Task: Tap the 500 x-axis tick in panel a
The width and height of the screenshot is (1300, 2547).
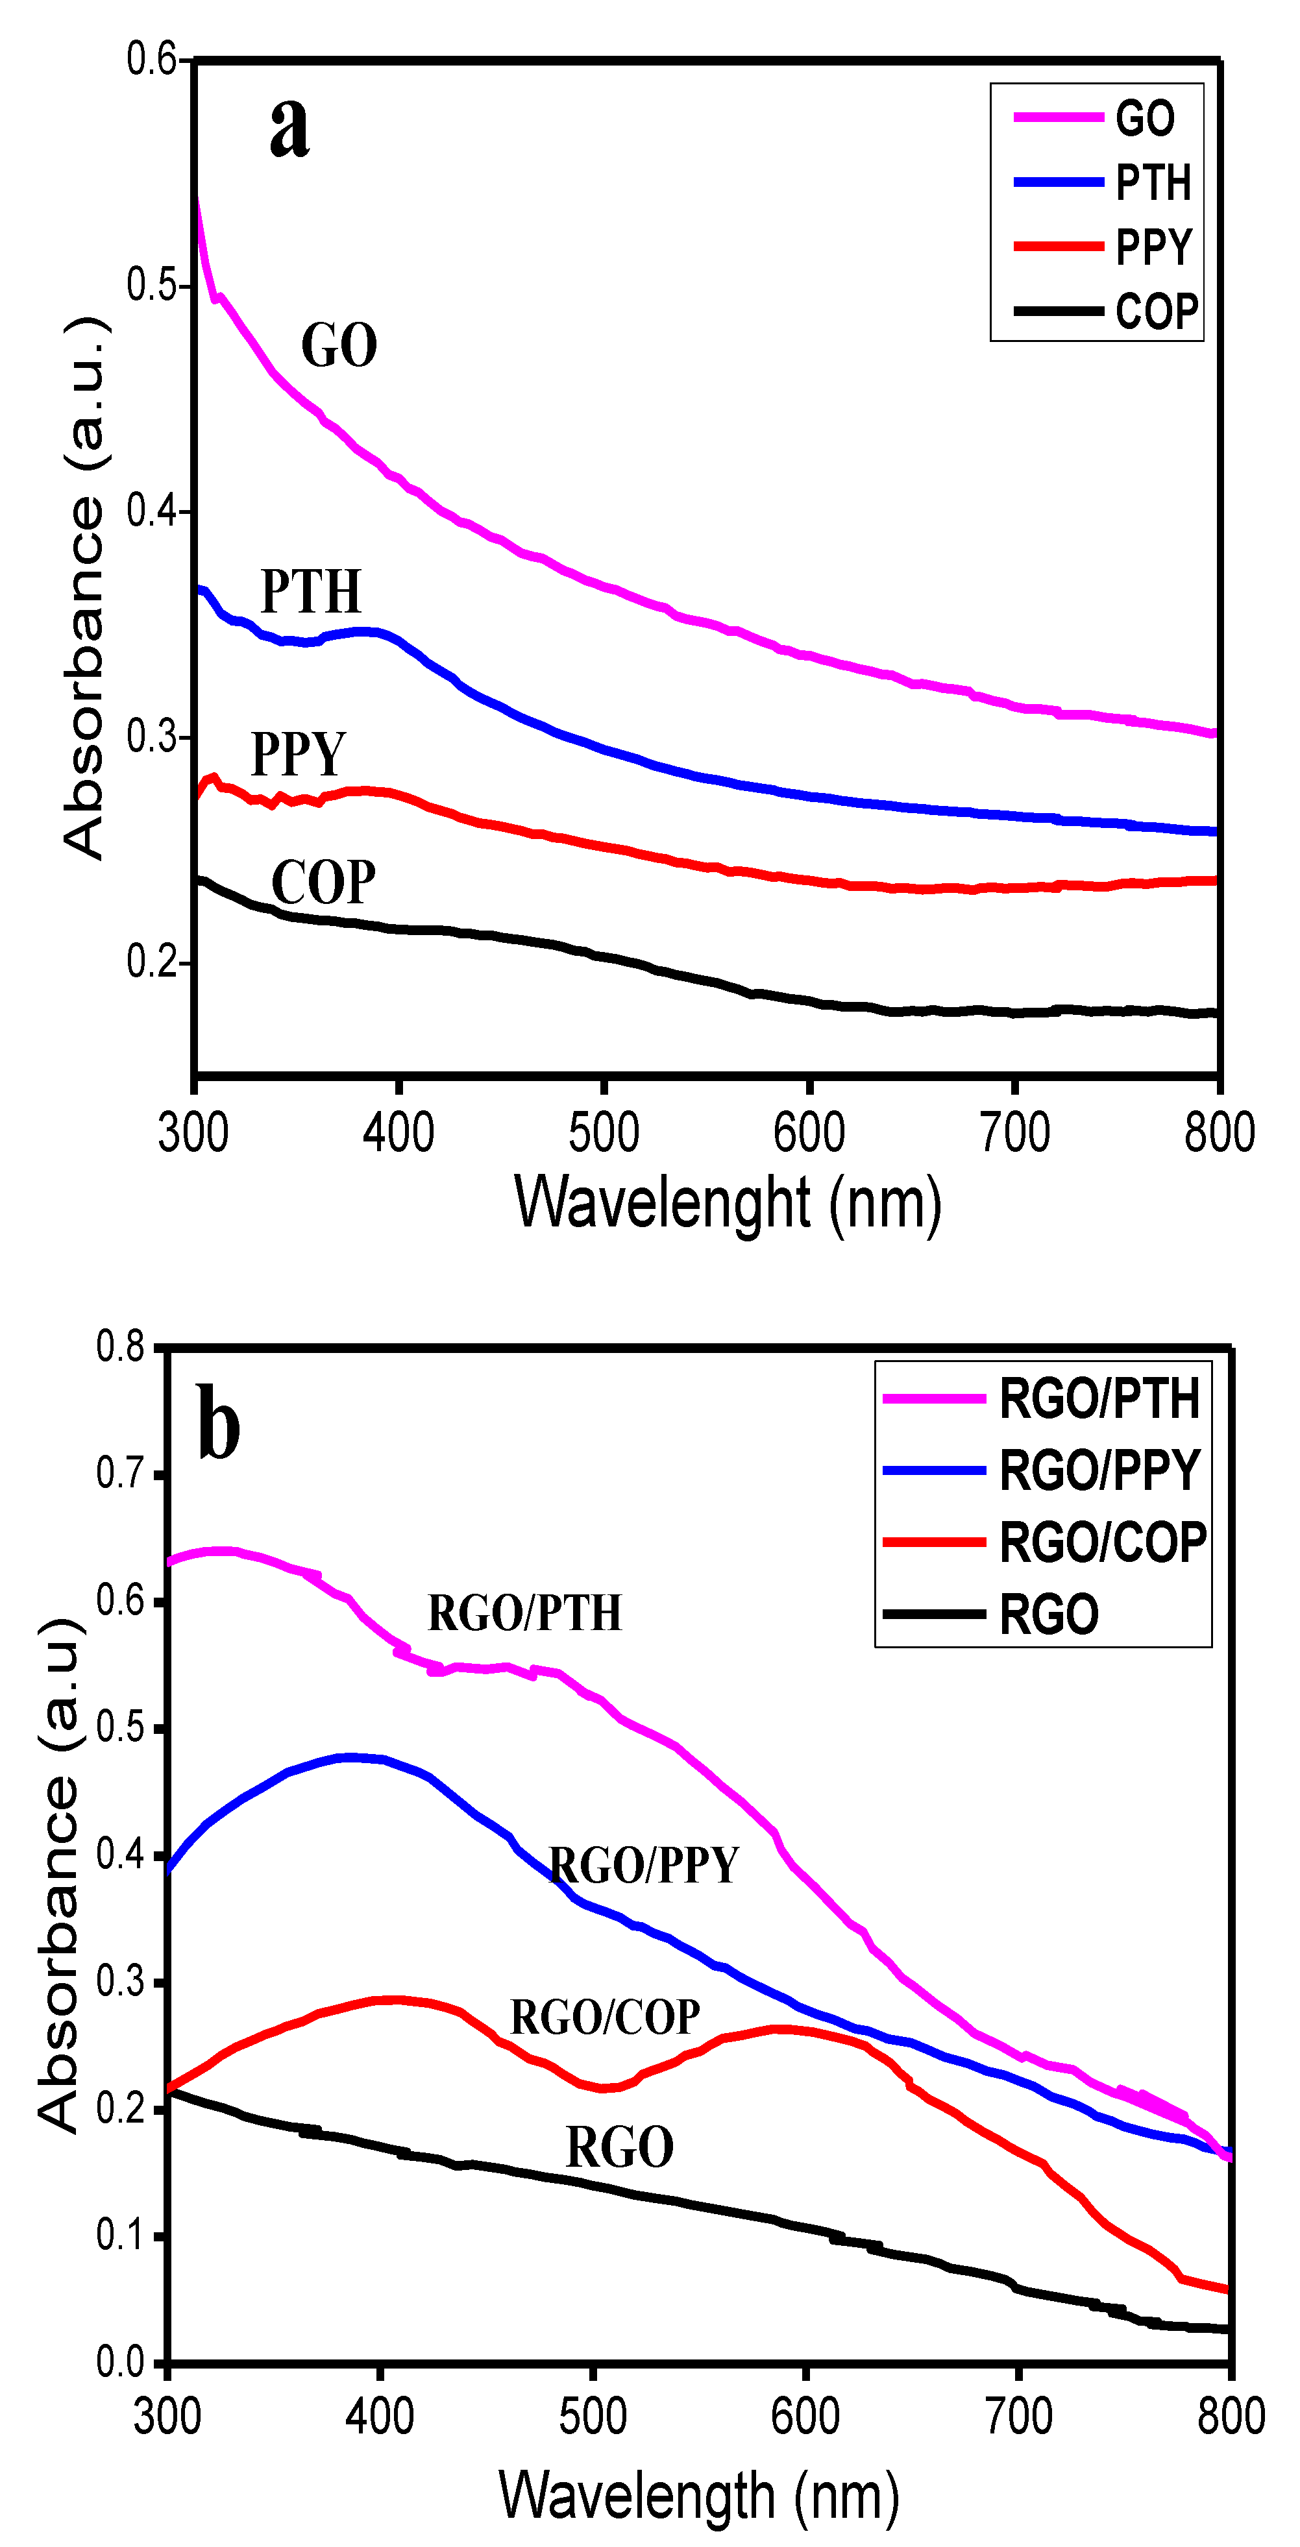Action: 603,1133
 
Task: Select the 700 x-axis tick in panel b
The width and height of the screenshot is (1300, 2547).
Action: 1018,2417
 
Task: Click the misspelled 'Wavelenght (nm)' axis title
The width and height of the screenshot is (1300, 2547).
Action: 728,1203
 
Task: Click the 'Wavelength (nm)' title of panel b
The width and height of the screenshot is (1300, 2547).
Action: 699,2496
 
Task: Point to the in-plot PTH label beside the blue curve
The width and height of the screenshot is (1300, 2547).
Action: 310,592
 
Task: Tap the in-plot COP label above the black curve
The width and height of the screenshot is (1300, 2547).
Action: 323,883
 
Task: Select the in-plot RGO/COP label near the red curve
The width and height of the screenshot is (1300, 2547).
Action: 605,2017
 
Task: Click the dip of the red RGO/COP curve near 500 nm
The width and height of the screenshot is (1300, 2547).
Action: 604,2087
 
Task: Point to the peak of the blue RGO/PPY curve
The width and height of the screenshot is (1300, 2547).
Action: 352,1757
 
